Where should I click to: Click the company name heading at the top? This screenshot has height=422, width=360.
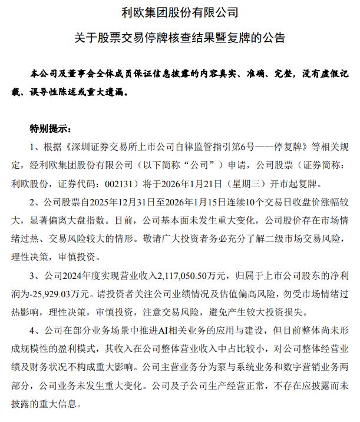point(179,12)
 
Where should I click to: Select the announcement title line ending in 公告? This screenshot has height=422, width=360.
point(179,39)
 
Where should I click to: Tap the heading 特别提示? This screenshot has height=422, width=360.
point(51,129)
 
